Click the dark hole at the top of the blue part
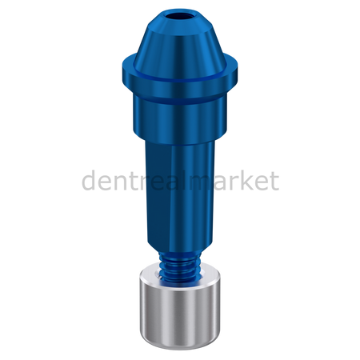[180, 16]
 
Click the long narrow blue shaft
[179, 194]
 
